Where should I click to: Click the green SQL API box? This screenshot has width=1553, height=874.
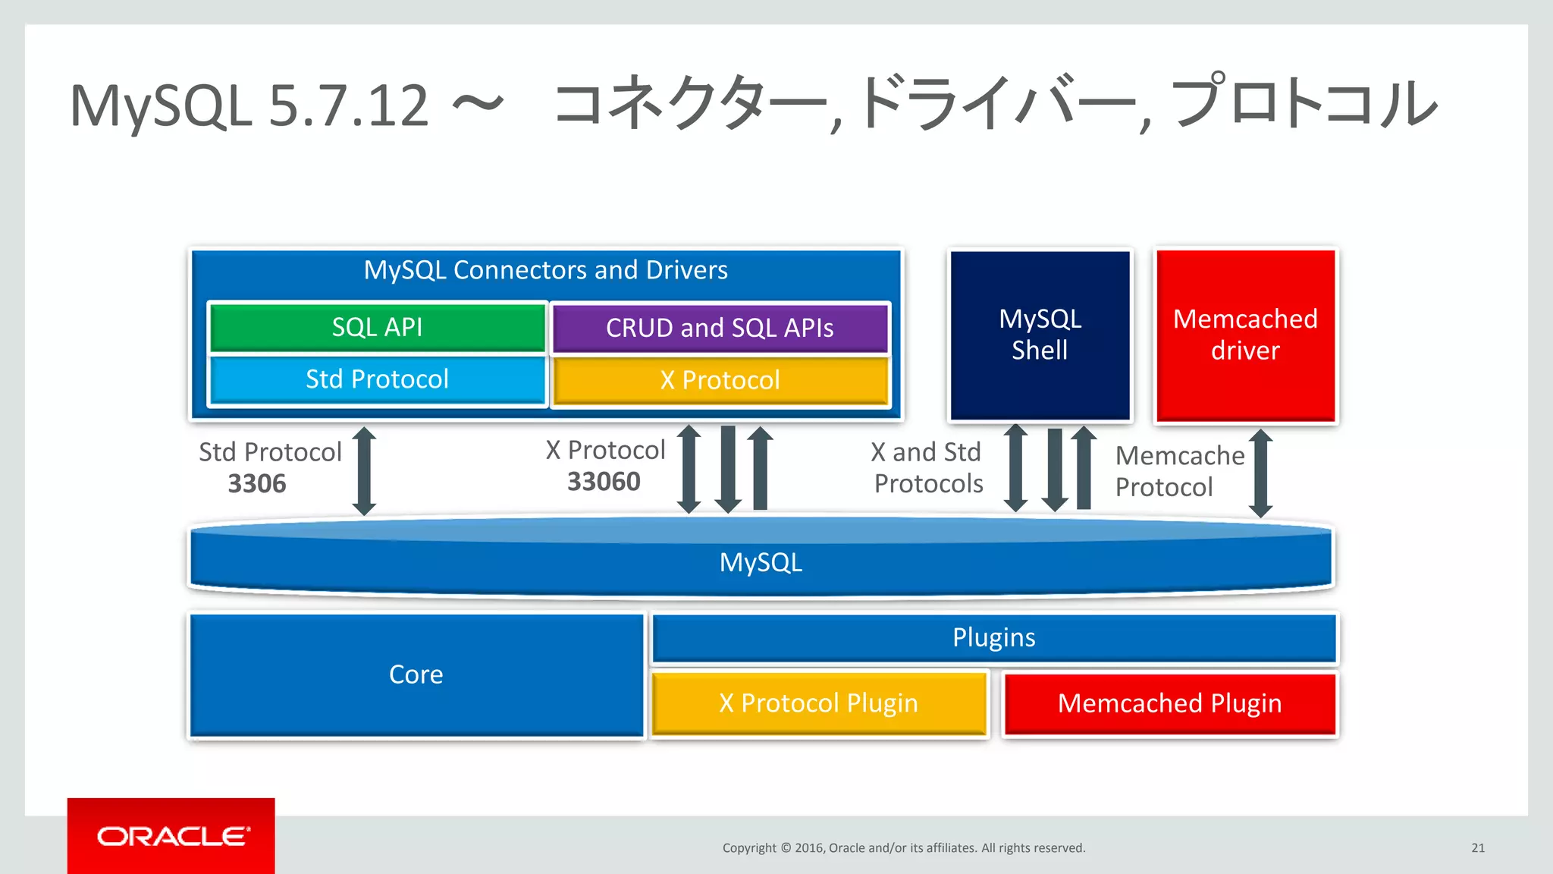click(x=377, y=327)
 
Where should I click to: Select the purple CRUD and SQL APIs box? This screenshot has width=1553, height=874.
click(x=720, y=328)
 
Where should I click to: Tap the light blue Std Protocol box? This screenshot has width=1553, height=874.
click(x=377, y=379)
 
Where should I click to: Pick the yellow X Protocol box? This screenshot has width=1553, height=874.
click(x=720, y=380)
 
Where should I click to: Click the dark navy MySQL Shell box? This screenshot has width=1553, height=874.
click(x=1040, y=335)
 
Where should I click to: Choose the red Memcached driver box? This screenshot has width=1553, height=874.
click(x=1245, y=335)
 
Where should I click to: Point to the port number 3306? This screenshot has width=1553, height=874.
click(x=257, y=484)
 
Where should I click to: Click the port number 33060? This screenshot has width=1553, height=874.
click(x=604, y=482)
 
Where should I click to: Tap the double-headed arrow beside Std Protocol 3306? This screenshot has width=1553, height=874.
click(x=364, y=470)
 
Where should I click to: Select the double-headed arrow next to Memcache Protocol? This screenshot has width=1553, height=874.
click(x=1260, y=473)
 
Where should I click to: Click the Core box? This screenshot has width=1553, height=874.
click(x=416, y=674)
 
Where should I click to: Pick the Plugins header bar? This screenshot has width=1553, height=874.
click(x=993, y=637)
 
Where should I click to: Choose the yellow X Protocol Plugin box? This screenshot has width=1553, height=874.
click(x=818, y=703)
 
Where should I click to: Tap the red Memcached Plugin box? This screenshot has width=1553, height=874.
click(x=1169, y=703)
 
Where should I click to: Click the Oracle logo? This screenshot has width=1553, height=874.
click(x=171, y=836)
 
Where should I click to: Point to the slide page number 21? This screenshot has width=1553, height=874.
click(x=1477, y=848)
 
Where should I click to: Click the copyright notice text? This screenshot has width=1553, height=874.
click(x=903, y=848)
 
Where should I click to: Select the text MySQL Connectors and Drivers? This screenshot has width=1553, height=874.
click(x=545, y=270)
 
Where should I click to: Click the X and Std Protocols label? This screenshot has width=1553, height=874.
click(x=927, y=468)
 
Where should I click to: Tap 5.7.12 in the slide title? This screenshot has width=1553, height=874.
click(x=348, y=105)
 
